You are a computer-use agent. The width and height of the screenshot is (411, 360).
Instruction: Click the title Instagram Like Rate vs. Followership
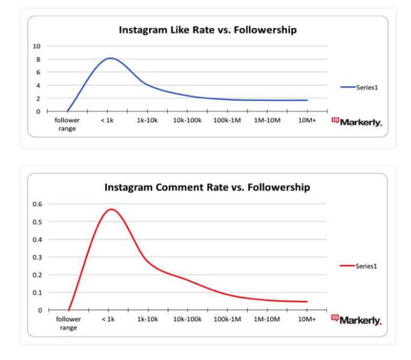click(x=207, y=29)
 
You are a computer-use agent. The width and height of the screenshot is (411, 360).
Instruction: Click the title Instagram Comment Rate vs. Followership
click(x=207, y=187)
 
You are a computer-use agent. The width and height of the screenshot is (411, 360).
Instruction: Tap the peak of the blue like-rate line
click(x=111, y=58)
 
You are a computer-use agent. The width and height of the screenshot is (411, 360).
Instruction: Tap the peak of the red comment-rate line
click(x=111, y=209)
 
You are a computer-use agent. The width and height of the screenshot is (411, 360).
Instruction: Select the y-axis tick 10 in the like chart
click(x=37, y=46)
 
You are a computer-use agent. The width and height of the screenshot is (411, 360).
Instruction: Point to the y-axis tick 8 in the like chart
click(x=38, y=59)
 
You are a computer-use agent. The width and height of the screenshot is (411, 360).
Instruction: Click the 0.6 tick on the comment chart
click(x=37, y=204)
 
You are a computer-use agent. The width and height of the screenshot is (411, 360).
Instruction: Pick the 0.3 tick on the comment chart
click(x=37, y=257)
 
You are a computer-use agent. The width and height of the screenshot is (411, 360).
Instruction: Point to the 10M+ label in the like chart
click(x=306, y=121)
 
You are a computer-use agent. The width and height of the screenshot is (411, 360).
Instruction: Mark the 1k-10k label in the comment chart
click(x=147, y=319)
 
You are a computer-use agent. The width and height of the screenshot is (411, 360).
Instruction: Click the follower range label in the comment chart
click(x=68, y=323)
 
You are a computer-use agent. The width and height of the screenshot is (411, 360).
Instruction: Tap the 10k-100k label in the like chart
click(x=187, y=121)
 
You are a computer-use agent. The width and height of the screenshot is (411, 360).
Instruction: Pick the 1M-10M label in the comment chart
click(x=266, y=319)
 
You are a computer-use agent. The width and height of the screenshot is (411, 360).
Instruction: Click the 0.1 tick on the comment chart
click(x=37, y=293)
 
